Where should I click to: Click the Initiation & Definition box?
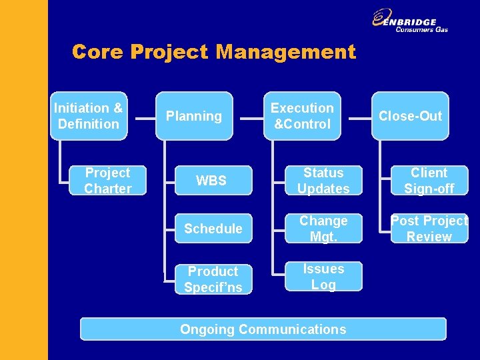click(89, 116)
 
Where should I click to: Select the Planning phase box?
click(194, 116)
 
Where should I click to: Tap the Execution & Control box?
click(302, 116)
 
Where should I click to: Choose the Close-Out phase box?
click(410, 116)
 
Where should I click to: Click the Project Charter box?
click(107, 181)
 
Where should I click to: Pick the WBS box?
click(211, 181)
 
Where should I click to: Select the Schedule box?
click(213, 229)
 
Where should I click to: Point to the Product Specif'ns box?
click(213, 279)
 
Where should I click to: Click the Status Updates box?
click(323, 181)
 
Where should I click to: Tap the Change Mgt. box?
click(323, 229)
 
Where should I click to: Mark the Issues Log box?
click(323, 276)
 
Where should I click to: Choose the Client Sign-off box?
click(429, 181)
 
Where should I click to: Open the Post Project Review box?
click(429, 229)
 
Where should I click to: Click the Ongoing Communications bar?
click(263, 329)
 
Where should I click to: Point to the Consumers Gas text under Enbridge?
click(421, 29)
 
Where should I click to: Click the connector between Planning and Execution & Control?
click(251, 119)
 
